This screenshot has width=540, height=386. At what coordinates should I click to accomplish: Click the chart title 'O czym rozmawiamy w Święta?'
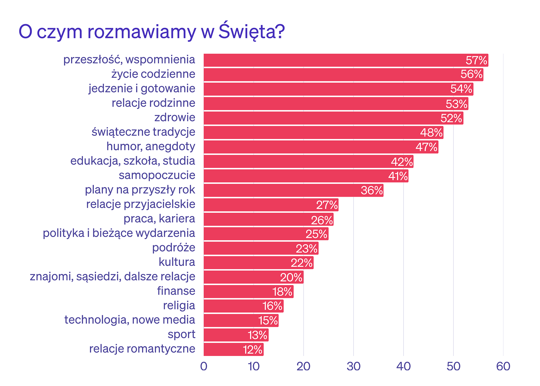pos(152,32)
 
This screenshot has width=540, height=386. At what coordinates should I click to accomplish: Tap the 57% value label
pos(477,60)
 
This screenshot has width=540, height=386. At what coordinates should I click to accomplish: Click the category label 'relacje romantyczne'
pos(142,348)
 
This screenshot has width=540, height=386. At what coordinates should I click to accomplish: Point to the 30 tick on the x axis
pos(353,366)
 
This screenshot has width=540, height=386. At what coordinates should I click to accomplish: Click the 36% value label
pos(372,191)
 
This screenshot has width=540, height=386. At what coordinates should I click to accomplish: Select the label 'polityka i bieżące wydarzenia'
pos(119,233)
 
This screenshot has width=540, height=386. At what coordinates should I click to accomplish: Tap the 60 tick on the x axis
pos(503,366)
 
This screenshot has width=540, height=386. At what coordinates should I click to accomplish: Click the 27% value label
pos(327,205)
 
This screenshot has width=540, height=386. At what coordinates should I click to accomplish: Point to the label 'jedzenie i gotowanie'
pos(142,89)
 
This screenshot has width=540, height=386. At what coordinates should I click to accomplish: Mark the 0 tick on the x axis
pos(204,366)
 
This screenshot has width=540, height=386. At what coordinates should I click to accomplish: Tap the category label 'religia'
pos(179,305)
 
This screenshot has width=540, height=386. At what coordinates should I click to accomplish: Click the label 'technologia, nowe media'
pos(130,320)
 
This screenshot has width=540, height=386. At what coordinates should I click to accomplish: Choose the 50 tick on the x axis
pos(453,366)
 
